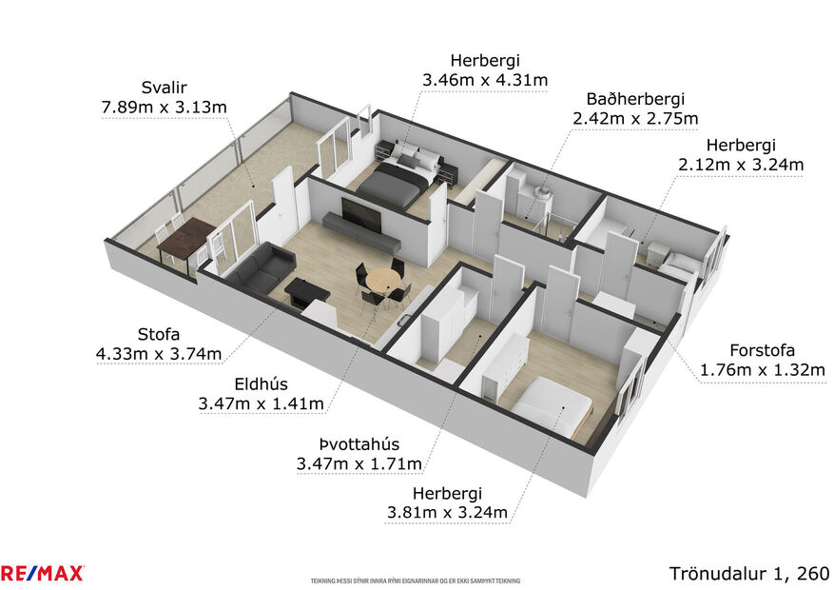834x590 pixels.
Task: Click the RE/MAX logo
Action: point(43,573)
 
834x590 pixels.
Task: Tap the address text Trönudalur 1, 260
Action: point(748,573)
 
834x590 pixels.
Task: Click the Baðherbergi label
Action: point(635,98)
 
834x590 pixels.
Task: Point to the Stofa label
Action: point(158,334)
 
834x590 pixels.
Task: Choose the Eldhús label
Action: point(261,383)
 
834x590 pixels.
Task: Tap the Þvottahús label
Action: point(359,443)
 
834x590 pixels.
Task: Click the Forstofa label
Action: point(762,349)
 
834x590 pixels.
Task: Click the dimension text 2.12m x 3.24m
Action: point(741,165)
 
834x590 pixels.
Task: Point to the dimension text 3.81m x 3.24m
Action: point(447,514)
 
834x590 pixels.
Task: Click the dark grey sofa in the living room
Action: point(259,267)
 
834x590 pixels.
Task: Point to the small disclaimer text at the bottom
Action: point(416,580)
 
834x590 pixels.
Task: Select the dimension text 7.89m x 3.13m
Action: point(164,107)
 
